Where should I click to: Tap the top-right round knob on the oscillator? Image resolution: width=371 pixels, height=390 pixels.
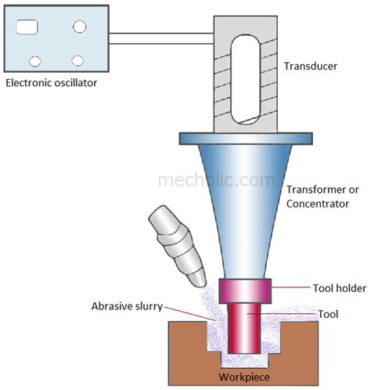pos(79,26)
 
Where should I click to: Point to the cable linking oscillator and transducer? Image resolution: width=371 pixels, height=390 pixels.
pos(161,36)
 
